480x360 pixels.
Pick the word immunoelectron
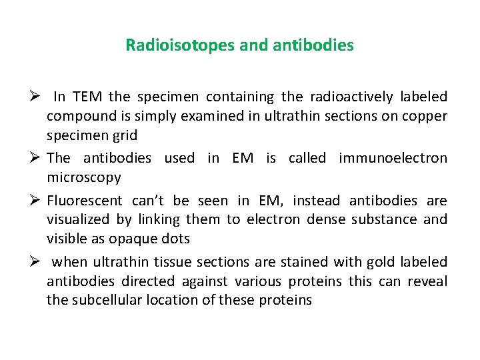(393, 158)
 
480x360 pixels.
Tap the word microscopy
(83, 177)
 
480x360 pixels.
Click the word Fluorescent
(84, 201)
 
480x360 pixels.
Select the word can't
(150, 201)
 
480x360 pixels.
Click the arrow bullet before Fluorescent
(37, 201)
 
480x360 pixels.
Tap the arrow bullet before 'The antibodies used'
(37, 158)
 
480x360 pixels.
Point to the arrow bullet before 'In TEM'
(37, 97)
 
